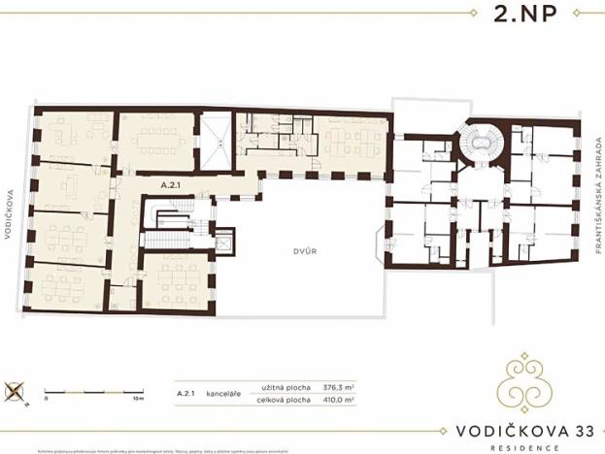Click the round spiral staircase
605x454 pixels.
(478, 143)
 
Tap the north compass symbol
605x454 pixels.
(16, 391)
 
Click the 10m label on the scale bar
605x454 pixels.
(139, 398)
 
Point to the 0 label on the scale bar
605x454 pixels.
(46, 398)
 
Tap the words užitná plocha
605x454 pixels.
(279, 384)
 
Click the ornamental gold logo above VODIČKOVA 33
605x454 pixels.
(526, 382)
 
